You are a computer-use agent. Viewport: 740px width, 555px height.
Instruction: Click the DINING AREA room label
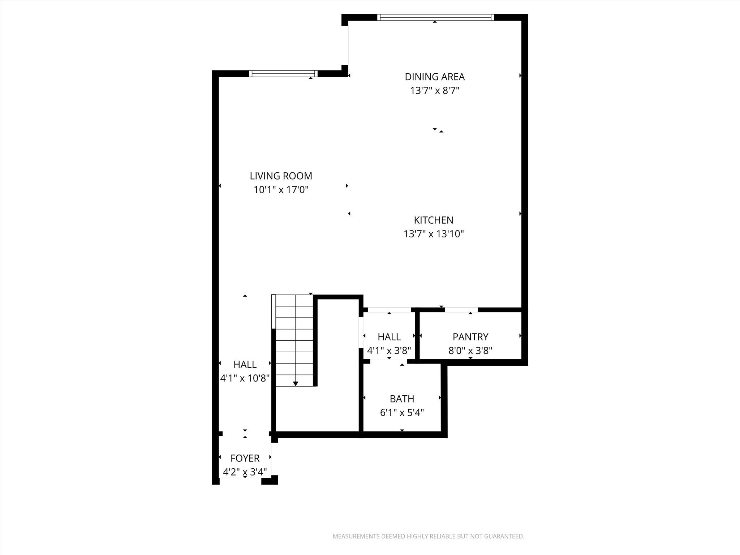pos(434,77)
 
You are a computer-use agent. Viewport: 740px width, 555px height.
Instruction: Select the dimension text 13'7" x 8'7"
pos(434,90)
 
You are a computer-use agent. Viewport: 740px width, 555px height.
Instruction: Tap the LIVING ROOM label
pos(281,176)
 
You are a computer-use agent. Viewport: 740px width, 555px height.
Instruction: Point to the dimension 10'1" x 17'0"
pos(281,190)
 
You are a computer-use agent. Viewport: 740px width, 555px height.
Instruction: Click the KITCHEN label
pos(433,220)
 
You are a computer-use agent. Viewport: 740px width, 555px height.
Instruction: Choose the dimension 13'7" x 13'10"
pos(433,234)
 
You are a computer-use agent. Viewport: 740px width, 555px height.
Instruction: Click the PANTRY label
pos(470,337)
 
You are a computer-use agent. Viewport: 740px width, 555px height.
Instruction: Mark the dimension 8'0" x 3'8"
pos(470,350)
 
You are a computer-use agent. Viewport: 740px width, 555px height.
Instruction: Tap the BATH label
pos(402,399)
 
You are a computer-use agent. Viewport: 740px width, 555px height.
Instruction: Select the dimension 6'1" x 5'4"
pos(402,413)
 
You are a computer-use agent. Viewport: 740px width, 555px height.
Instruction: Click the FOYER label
pos(245,458)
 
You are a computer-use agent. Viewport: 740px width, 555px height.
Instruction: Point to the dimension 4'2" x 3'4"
pos(245,472)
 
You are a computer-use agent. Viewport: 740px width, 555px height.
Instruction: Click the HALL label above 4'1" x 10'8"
pos(245,364)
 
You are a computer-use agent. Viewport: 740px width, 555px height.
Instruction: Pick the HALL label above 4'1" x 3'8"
pos(389,337)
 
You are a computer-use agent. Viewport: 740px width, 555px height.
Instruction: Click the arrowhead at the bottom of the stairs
pos(296,383)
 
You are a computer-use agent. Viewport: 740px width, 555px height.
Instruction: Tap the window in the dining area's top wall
pos(435,17)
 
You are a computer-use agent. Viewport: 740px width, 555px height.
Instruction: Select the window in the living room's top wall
pos(283,74)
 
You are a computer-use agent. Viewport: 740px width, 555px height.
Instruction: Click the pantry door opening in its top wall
pos(461,310)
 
